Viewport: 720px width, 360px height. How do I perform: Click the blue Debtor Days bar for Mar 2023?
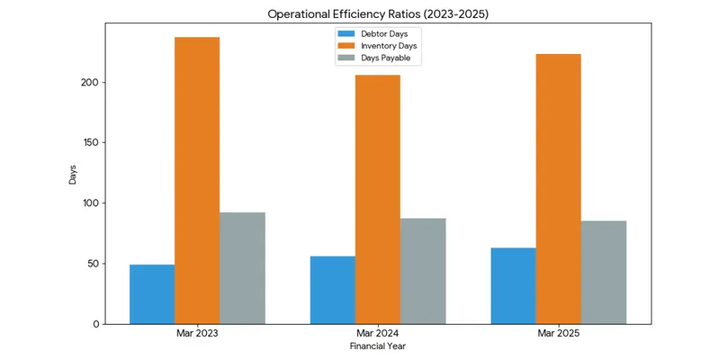tap(152, 294)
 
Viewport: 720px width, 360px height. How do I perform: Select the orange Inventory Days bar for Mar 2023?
tap(197, 181)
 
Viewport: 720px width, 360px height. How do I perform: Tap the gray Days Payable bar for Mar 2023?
tap(242, 268)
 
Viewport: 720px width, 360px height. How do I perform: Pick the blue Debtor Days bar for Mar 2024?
tap(332, 290)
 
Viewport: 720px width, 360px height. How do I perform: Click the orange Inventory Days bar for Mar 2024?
tap(377, 199)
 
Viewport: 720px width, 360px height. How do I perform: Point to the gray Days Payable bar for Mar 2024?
tap(423, 271)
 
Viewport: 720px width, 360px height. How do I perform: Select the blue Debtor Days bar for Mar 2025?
tap(513, 286)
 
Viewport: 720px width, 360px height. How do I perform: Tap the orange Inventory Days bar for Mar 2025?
tap(558, 189)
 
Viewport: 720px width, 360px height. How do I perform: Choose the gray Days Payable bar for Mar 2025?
tap(604, 273)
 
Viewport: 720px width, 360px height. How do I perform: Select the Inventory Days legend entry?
tap(377, 46)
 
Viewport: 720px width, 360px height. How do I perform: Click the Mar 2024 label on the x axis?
tap(377, 334)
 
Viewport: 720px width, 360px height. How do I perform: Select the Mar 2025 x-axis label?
tap(558, 334)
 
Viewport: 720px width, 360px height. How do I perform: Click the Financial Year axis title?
tap(377, 346)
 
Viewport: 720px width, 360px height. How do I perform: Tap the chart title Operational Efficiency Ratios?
tap(378, 14)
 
